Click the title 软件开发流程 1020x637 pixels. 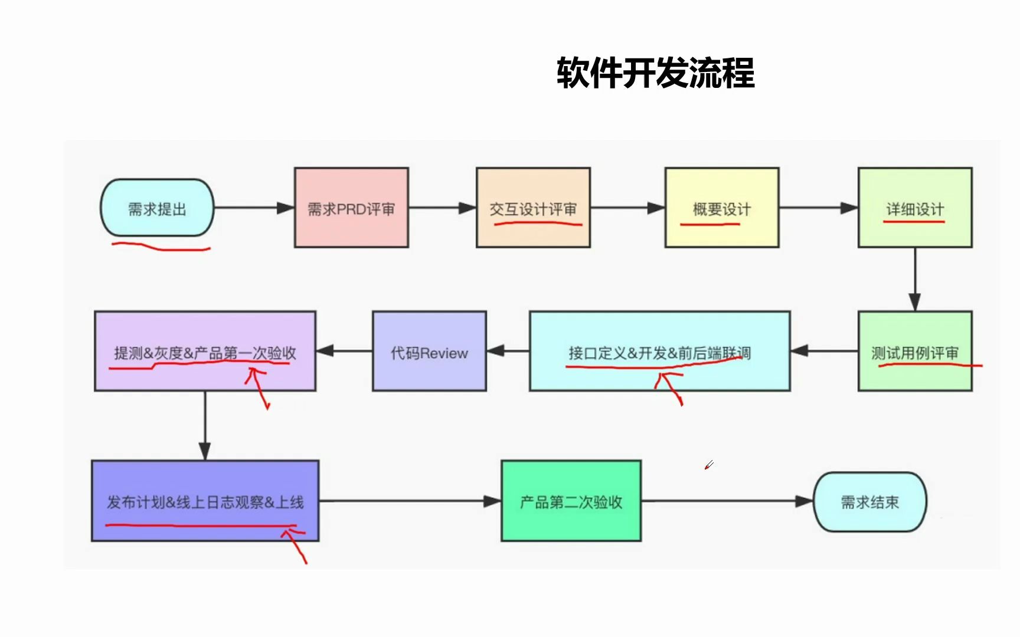point(655,74)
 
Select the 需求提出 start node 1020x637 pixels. point(157,208)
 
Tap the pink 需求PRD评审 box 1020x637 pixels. point(351,208)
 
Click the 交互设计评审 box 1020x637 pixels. point(533,208)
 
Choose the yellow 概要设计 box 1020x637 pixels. point(721,208)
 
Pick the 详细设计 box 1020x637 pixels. point(914,208)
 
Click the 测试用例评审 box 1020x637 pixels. point(914,352)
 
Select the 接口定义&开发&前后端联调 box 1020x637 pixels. point(659,352)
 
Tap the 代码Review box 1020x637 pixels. point(429,352)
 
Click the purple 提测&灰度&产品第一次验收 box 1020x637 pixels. point(205,352)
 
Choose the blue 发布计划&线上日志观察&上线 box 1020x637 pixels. point(205,501)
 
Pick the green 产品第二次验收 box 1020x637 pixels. point(571,501)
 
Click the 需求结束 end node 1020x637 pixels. point(869,502)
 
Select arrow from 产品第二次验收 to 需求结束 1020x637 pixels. point(727,501)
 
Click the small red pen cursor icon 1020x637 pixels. point(709,465)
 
